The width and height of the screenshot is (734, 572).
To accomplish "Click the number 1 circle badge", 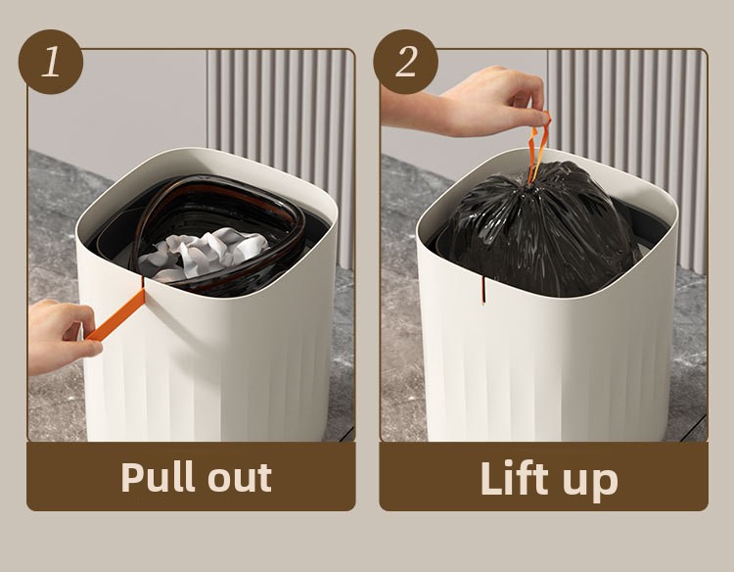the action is (x=51, y=62).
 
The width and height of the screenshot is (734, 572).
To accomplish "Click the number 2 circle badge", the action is (x=405, y=62).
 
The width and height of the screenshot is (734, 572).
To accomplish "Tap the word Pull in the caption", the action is (x=158, y=477).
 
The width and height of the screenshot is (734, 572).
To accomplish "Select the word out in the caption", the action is (x=240, y=479).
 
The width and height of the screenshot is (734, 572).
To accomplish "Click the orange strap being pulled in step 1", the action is (x=115, y=314).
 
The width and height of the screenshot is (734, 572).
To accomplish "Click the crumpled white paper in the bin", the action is (x=205, y=253).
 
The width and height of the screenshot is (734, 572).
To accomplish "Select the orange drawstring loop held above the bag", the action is (x=538, y=146).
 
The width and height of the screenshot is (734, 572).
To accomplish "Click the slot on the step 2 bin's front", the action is (x=483, y=290).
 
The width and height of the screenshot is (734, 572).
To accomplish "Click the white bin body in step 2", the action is (x=547, y=357).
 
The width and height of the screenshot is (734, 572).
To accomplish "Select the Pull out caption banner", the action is (x=191, y=476).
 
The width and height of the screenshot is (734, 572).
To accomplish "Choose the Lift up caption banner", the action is (x=544, y=476).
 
